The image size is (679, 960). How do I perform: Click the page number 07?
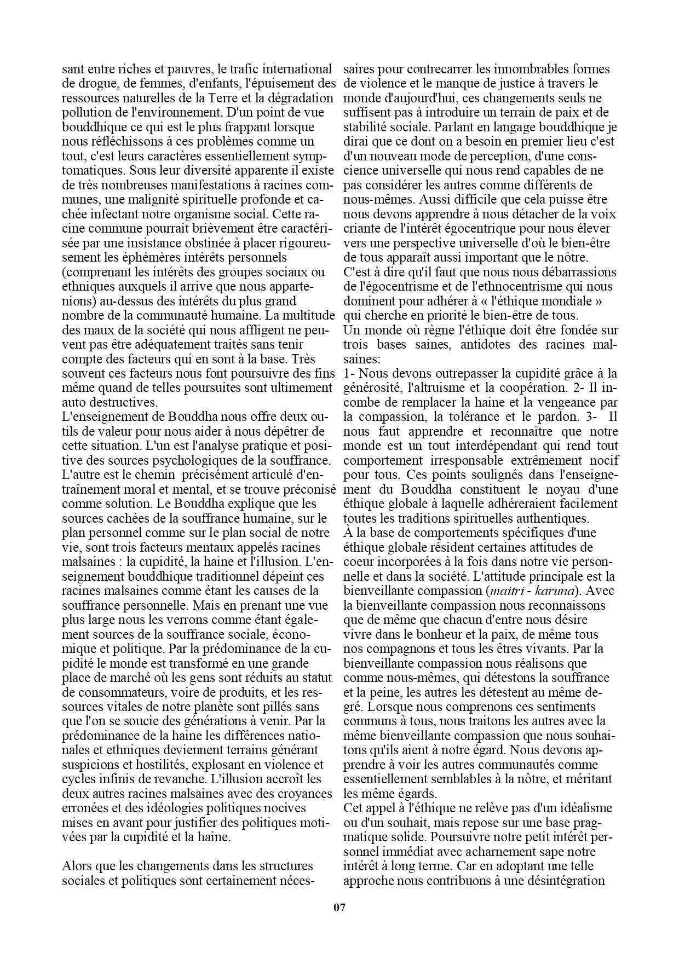[x=339, y=908]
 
